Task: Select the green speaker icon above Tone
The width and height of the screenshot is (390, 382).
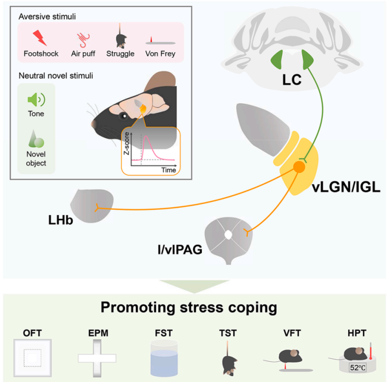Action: pos(36,100)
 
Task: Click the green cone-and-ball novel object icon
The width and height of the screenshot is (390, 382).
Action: pos(36,140)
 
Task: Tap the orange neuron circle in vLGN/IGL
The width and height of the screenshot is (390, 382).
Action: pos(299,167)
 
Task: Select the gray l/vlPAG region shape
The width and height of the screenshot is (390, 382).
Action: pos(229,236)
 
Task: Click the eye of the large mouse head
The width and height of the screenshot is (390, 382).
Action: pos(124,116)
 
